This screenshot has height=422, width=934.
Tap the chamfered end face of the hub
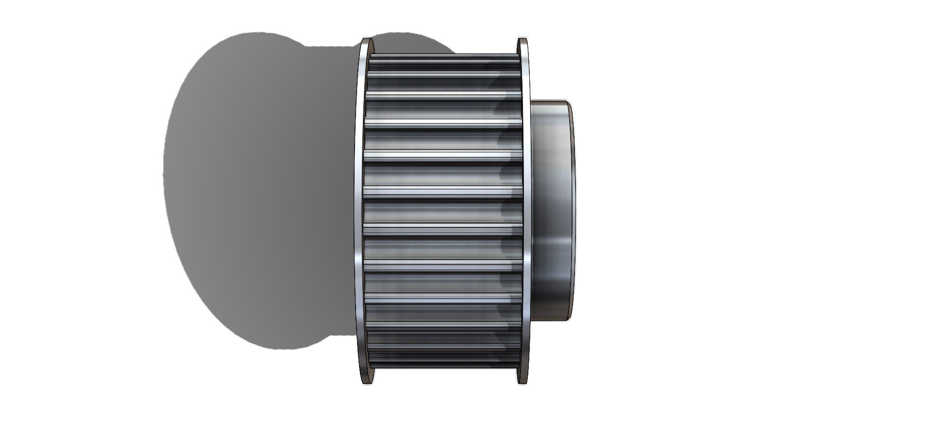tap(572, 209)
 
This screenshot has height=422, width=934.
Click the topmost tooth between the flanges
tap(444, 57)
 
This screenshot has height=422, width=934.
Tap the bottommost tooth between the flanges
tap(444, 363)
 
